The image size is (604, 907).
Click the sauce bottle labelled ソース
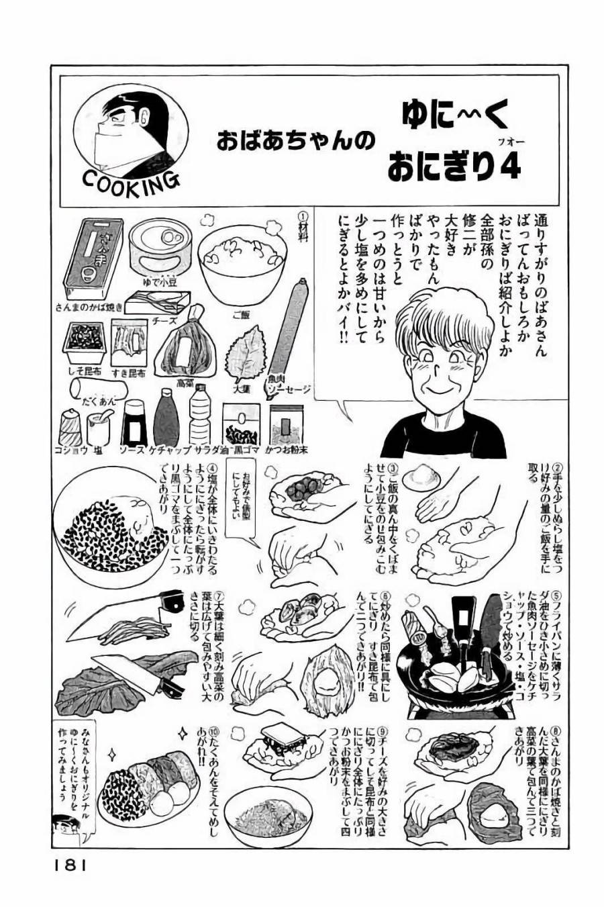[134, 424]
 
